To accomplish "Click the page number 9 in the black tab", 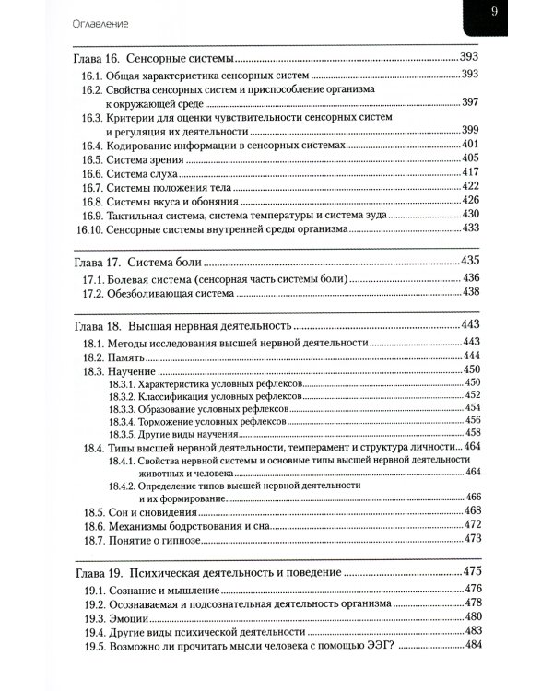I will pos(494,12).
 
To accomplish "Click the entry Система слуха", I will pos(137,172).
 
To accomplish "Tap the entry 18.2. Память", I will pos(119,356).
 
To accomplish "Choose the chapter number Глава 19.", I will pos(97,572).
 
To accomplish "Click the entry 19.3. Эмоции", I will pos(123,616).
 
